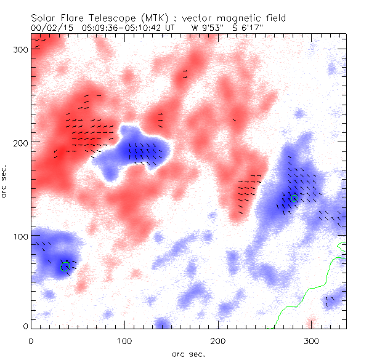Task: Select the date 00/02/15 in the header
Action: tap(47, 28)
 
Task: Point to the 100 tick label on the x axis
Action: tap(124, 340)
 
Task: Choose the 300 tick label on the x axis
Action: tap(312, 340)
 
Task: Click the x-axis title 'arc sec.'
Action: tap(188, 353)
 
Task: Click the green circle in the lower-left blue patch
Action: tap(65, 267)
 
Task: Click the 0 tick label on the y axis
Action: tap(25, 326)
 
